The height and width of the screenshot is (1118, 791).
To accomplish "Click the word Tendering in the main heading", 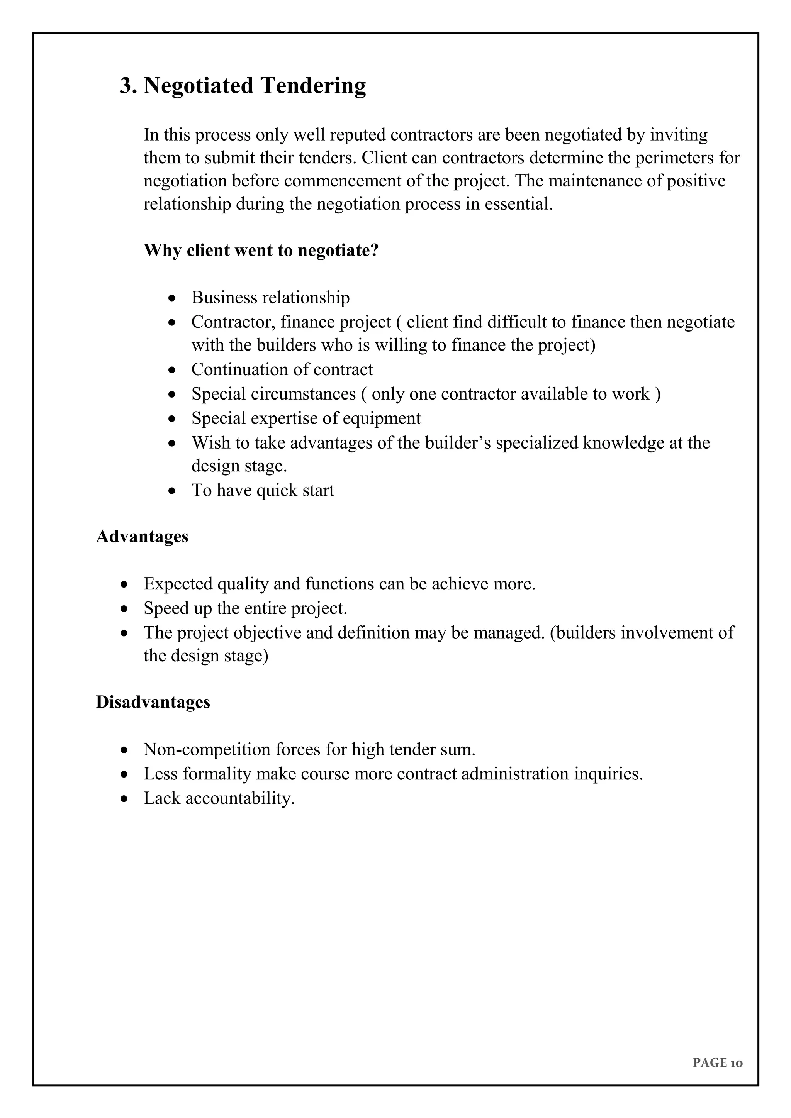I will click(313, 86).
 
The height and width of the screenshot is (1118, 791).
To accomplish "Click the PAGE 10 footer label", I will click(717, 1062).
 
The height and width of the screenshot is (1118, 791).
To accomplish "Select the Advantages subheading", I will click(142, 536).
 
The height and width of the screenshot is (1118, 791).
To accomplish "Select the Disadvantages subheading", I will click(153, 702).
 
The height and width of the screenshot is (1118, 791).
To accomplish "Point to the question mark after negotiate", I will click(375, 250).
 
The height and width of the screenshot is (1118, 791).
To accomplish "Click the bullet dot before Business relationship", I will click(171, 298).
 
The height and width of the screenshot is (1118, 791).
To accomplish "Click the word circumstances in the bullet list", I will click(303, 394).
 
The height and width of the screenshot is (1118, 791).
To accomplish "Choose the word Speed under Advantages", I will click(166, 608).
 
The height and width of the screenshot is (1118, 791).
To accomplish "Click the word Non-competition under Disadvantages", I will click(207, 749).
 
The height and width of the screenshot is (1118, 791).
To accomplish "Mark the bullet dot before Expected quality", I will click(124, 584).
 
